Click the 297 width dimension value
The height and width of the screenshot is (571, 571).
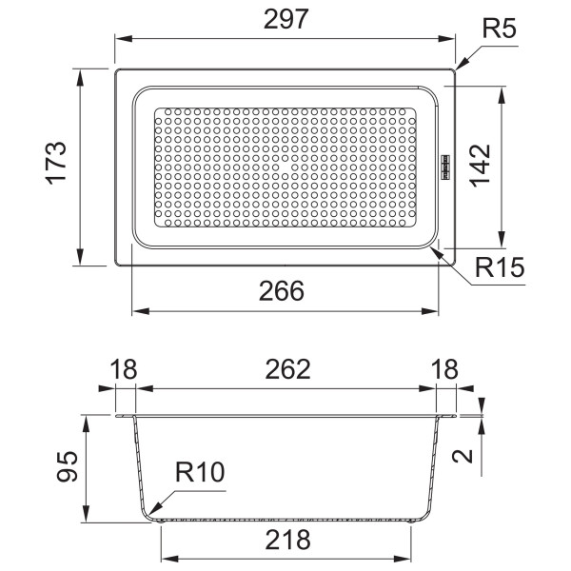pos(285,19)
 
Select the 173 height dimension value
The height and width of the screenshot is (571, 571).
pos(56,163)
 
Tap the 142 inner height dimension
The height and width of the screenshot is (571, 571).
pos(480,166)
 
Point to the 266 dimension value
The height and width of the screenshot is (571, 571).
pos(281,291)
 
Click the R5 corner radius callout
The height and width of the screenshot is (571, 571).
pos(499,28)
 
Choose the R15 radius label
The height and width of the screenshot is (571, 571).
pos(500,267)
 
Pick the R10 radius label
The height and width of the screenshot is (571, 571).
pos(200,472)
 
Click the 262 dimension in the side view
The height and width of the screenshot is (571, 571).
pos(287,369)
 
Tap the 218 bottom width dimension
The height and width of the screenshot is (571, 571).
pos(287,540)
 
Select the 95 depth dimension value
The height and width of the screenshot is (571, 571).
pos(68,466)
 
